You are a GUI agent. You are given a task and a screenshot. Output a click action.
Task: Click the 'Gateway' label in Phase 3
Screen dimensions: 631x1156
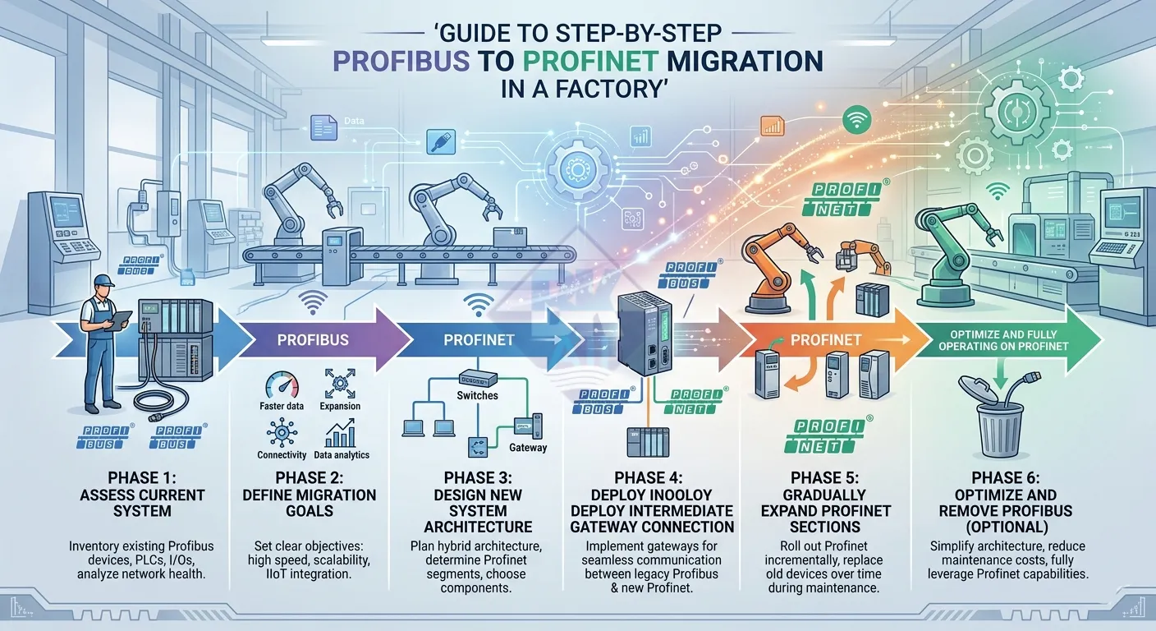click(528, 448)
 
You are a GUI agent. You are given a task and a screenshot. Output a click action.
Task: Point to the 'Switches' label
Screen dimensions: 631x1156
click(477, 395)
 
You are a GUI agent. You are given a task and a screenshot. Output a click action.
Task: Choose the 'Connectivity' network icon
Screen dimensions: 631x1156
click(282, 431)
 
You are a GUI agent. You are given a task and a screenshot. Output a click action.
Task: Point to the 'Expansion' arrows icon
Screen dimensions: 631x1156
click(340, 384)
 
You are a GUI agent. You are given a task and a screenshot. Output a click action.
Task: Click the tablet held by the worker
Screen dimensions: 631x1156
click(122, 318)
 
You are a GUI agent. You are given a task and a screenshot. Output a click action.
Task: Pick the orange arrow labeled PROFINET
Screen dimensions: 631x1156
click(826, 339)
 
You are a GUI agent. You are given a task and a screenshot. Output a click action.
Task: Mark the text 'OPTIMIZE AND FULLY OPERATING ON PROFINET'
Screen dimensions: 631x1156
click(1007, 340)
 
